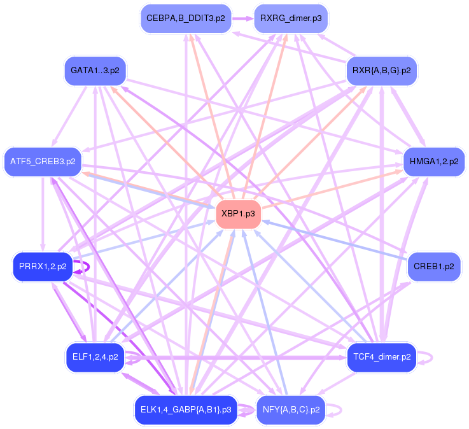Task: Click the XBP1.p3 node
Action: click(x=238, y=214)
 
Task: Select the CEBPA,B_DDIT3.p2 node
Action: click(x=185, y=18)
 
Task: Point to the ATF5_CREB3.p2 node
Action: click(x=43, y=162)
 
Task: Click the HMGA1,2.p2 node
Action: click(x=434, y=162)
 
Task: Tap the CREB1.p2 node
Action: click(x=434, y=267)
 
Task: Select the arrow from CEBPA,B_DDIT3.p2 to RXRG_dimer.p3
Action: click(x=241, y=18)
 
